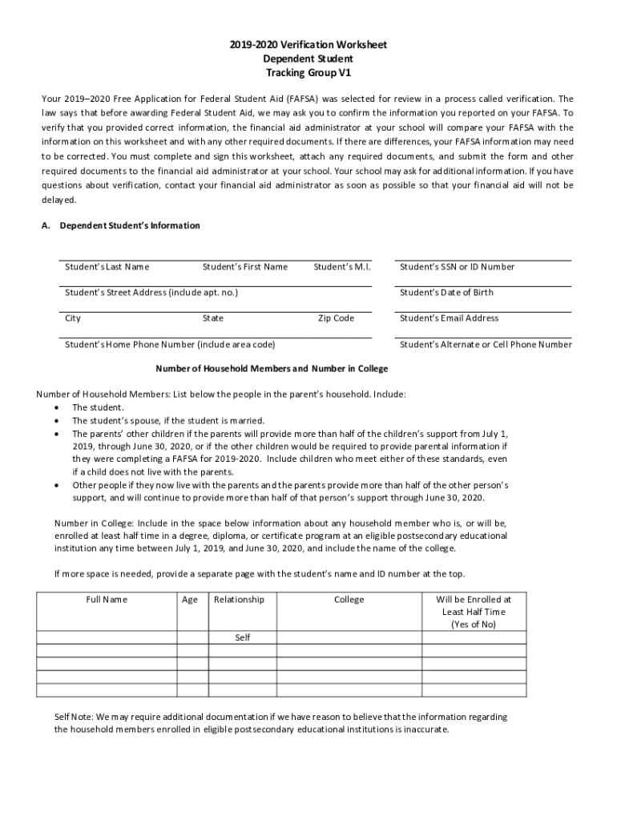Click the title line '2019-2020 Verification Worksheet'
click(x=308, y=45)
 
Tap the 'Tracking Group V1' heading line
click(x=308, y=72)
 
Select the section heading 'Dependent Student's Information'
click(x=130, y=226)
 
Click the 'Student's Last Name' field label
click(x=107, y=267)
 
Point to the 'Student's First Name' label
click(x=244, y=267)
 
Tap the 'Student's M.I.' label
click(x=342, y=267)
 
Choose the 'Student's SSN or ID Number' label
click(x=457, y=267)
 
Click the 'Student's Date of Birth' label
click(x=446, y=293)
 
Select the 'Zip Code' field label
click(x=336, y=318)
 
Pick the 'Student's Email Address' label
click(x=449, y=318)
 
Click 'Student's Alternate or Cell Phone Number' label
click(x=486, y=345)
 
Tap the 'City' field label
click(x=73, y=318)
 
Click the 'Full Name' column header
click(x=107, y=600)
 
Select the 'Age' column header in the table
click(x=190, y=600)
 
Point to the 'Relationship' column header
click(x=239, y=600)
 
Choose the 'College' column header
click(x=349, y=600)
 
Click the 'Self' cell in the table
click(x=242, y=638)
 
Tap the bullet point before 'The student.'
click(x=57, y=408)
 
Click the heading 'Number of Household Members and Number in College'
click(x=271, y=369)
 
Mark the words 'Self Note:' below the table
click(x=73, y=717)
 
